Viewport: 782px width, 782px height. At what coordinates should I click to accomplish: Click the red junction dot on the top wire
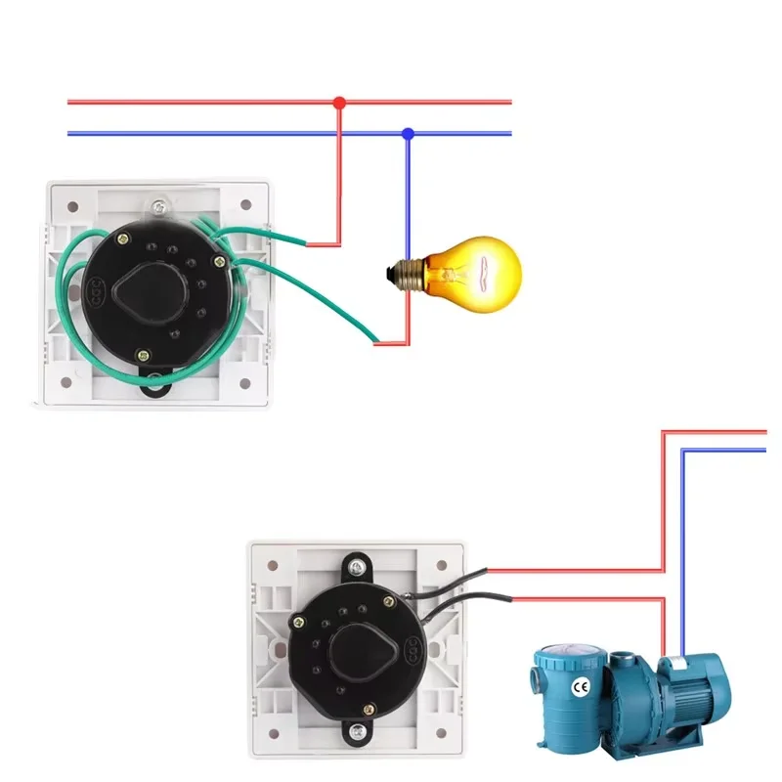click(339, 102)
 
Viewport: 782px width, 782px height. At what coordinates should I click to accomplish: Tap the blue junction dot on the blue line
click(409, 133)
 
